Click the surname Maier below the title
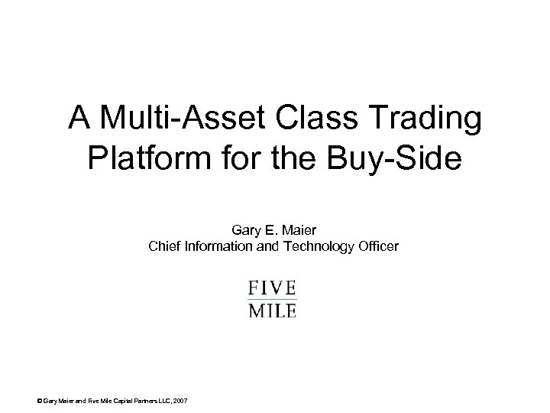299,229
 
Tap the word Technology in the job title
313,247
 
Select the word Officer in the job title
377,246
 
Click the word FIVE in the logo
272,288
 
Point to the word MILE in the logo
272,310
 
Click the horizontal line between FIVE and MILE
272,299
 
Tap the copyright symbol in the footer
40,402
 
